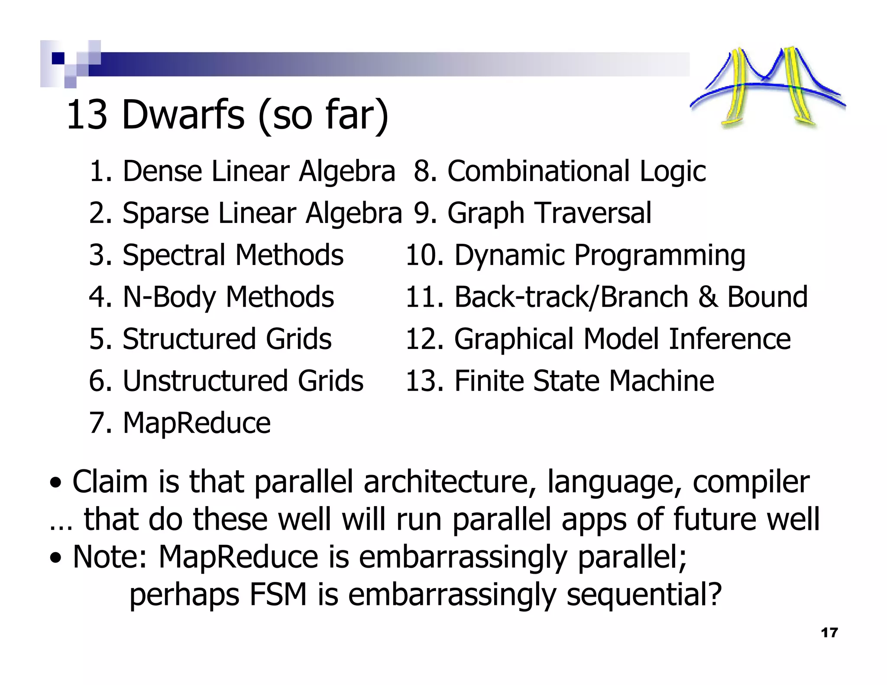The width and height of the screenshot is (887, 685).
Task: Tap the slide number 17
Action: [829, 633]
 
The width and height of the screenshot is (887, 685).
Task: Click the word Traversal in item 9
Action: [593, 213]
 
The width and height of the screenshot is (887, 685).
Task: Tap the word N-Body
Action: [169, 297]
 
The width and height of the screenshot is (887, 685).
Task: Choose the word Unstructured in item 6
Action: [205, 381]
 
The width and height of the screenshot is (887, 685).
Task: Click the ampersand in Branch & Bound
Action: [707, 297]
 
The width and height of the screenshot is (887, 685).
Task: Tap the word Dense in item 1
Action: [162, 171]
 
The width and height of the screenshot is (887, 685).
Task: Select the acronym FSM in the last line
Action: [278, 594]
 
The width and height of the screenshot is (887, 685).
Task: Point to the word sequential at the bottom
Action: [644, 594]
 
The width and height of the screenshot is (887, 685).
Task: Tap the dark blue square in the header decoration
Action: [58, 58]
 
